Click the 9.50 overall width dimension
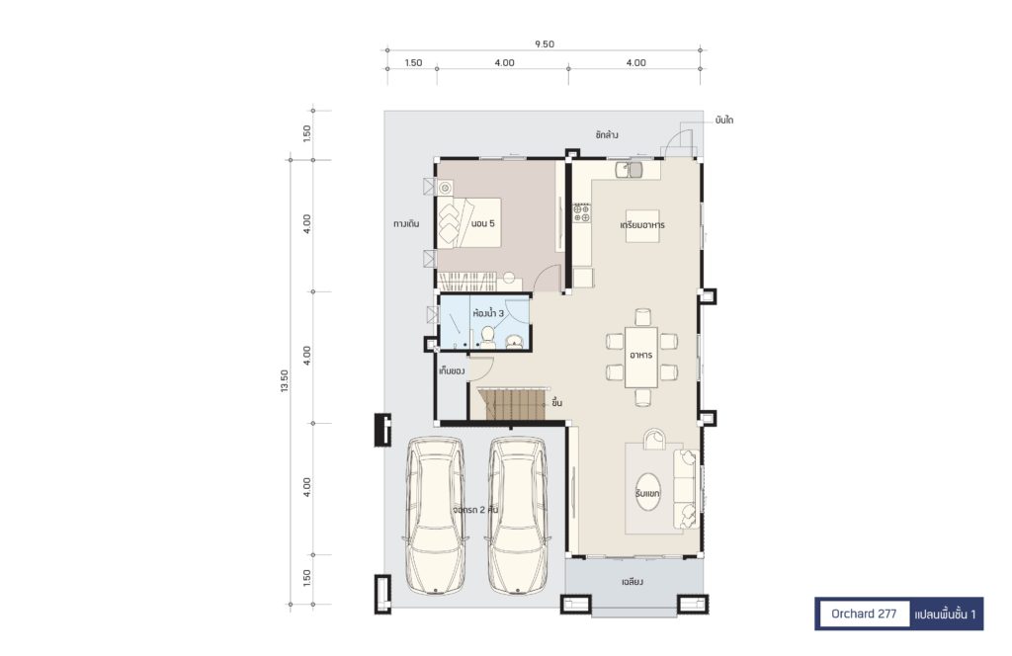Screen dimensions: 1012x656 pos(545,44)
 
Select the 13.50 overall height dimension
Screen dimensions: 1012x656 pos(285,381)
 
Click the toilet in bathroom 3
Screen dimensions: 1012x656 pos(488,337)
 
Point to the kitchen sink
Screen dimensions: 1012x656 pos(630,169)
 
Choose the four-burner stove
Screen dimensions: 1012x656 pos(581,213)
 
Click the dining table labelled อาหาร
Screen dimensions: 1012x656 pos(641,357)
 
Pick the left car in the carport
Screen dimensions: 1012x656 pos(436,516)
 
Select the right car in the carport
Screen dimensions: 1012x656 pos(518,516)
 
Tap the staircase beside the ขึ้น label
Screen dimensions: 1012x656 pos(513,403)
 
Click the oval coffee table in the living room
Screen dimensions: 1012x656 pos(648,492)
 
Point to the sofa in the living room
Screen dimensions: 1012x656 pos(686,489)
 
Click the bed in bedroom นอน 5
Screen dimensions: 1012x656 pos(469,222)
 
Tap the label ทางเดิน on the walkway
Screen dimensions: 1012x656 pos(406,224)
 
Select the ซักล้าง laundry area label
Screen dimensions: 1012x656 pos(607,135)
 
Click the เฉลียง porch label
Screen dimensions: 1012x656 pos(632,582)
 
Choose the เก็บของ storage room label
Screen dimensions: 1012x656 pos(452,371)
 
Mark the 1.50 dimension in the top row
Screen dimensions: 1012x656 pos(413,63)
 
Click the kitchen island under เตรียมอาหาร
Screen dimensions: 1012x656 pos(642,226)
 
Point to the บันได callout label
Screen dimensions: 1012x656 pos(724,121)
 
